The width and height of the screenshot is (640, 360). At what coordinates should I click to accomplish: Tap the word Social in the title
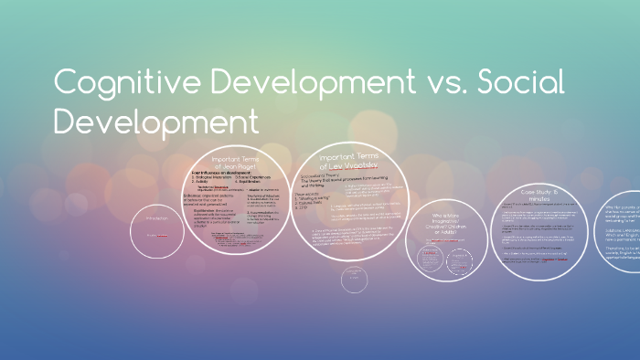pos(517,85)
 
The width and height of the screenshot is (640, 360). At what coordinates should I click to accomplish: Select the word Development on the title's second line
pos(156,121)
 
